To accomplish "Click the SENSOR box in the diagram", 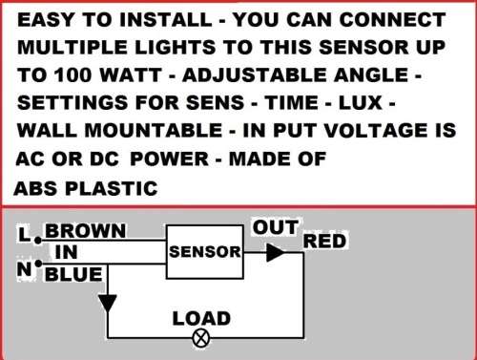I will click(204, 252).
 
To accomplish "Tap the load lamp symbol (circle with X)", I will click(201, 337).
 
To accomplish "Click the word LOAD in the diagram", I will click(200, 318).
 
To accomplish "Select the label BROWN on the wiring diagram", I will click(85, 231).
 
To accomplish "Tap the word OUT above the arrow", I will click(276, 227).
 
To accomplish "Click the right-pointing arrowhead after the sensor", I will click(275, 253).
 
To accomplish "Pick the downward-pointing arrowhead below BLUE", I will click(108, 303).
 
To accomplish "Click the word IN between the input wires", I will click(67, 252).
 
